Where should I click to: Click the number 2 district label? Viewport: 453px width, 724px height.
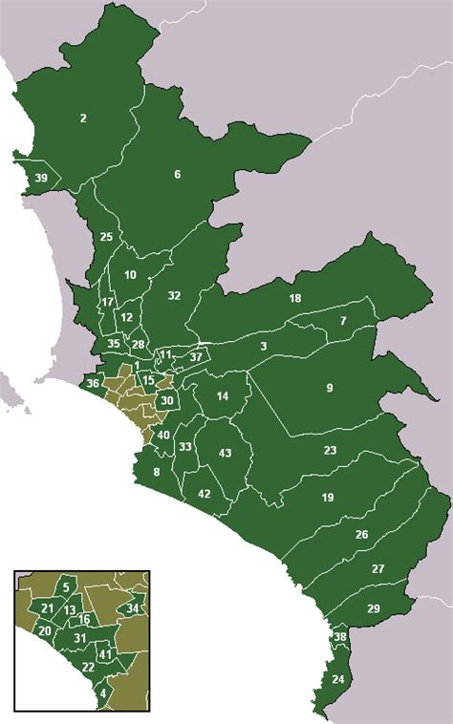pyautogui.click(x=83, y=118)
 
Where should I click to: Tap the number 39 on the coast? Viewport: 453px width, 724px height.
pyautogui.click(x=40, y=179)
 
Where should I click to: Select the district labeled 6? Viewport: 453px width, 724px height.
pyautogui.click(x=177, y=174)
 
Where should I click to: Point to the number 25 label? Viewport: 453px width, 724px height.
pyautogui.click(x=106, y=237)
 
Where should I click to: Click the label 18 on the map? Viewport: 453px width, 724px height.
pyautogui.click(x=295, y=299)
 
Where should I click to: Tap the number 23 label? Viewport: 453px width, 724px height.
pyautogui.click(x=330, y=450)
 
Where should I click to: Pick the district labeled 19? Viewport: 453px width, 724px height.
pyautogui.click(x=328, y=498)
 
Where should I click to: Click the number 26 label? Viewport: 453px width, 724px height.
pyautogui.click(x=361, y=535)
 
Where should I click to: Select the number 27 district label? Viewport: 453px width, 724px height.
pyautogui.click(x=377, y=569)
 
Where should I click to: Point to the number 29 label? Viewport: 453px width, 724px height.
pyautogui.click(x=374, y=608)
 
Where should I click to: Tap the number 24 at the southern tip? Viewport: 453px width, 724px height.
pyautogui.click(x=337, y=679)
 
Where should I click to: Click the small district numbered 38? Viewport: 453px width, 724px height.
pyautogui.click(x=339, y=637)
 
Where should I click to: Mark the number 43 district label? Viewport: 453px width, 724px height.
pyautogui.click(x=226, y=453)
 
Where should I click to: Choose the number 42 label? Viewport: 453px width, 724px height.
pyautogui.click(x=204, y=494)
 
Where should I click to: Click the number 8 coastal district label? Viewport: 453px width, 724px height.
pyautogui.click(x=157, y=472)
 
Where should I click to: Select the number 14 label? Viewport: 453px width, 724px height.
pyautogui.click(x=223, y=396)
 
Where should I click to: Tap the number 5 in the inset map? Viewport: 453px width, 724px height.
pyautogui.click(x=66, y=586)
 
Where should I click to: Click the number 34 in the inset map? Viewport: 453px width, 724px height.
pyautogui.click(x=133, y=608)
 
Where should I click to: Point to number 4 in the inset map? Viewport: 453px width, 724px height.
pyautogui.click(x=102, y=694)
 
